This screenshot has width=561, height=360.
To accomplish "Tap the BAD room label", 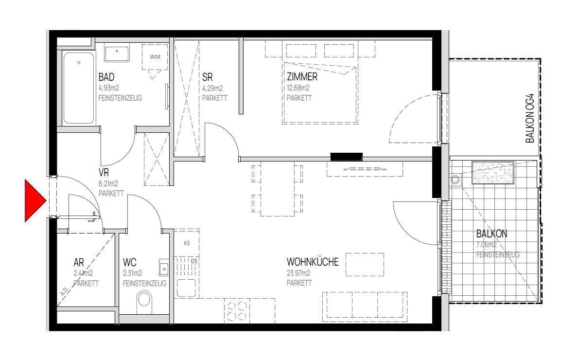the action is [106, 77].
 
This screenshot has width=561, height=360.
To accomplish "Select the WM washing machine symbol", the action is [155, 57].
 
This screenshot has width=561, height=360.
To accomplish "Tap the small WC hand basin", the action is [164, 267].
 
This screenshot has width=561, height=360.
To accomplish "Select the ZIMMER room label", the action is [302, 77].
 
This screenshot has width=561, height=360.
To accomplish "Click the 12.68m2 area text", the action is [298, 88].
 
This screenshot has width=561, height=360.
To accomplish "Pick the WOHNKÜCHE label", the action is [313, 262].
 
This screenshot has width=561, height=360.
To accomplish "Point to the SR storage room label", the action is [207, 77].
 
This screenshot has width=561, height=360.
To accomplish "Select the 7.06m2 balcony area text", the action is [487, 245].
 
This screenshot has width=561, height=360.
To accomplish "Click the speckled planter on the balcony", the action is [493, 173].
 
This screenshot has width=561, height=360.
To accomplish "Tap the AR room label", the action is [79, 263].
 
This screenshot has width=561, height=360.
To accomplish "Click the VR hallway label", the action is [104, 173].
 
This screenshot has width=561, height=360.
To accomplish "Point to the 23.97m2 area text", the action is [298, 273].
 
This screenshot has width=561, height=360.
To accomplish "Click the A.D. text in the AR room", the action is [64, 293].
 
